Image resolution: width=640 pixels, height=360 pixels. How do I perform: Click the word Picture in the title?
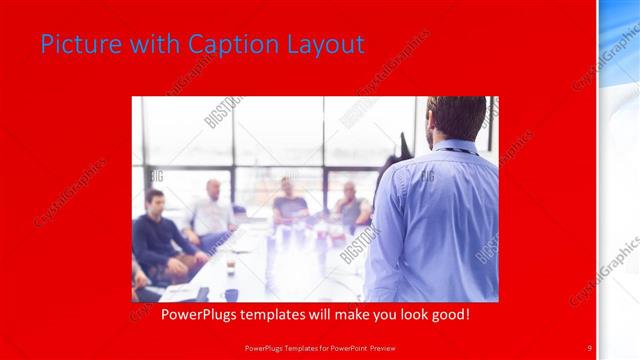click(x=75, y=44)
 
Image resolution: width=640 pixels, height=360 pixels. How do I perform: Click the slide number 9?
click(x=590, y=347)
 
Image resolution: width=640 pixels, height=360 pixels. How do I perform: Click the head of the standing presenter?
click(x=457, y=117)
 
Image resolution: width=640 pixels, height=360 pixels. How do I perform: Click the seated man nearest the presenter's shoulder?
click(x=350, y=204)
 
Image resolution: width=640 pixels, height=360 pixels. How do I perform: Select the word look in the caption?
click(x=398, y=314)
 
